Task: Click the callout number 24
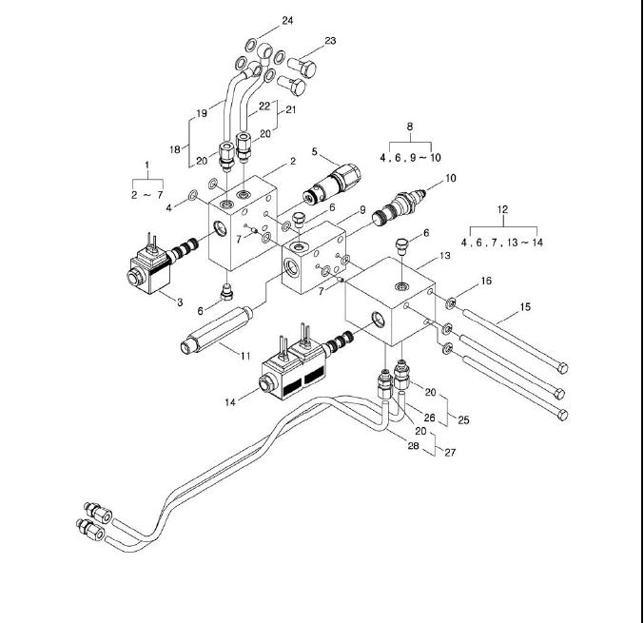click(x=288, y=20)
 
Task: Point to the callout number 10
click(x=451, y=178)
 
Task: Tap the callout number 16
click(x=486, y=281)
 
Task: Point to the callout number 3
click(x=178, y=302)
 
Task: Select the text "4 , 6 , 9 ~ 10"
click(x=411, y=156)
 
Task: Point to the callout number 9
click(x=361, y=208)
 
